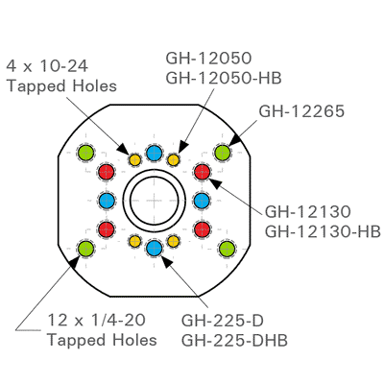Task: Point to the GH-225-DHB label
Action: click(234, 339)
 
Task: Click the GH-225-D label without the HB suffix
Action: click(224, 321)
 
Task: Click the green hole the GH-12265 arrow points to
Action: click(223, 152)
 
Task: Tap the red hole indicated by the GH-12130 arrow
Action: click(202, 172)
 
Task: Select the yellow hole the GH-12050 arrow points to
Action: click(174, 158)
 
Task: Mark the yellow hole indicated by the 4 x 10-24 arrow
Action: click(134, 158)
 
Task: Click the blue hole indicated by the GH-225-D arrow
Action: click(154, 250)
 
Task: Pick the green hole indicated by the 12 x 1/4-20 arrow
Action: click(84, 250)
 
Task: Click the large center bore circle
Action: click(154, 201)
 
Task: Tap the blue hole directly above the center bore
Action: click(154, 152)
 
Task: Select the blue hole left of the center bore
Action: click(106, 201)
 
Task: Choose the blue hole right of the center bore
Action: click(202, 201)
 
